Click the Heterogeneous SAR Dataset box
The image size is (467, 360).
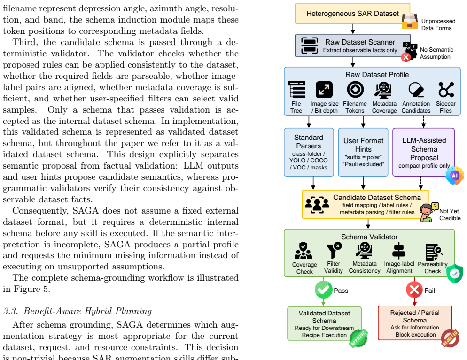pyautogui.click(x=352, y=14)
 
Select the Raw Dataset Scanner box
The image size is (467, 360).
pyautogui.click(x=353, y=46)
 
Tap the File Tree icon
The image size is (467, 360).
pyautogui.click(x=296, y=90)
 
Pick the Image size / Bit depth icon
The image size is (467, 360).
pyautogui.click(x=324, y=90)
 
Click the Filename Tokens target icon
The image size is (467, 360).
pyautogui.click(x=355, y=89)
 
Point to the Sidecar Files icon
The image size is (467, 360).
pyautogui.click(x=446, y=90)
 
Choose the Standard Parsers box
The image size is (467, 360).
pyautogui.click(x=309, y=153)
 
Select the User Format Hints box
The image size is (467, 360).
pyautogui.click(x=363, y=153)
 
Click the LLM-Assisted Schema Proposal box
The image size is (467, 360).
pyautogui.click(x=423, y=153)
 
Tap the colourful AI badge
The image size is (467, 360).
pyautogui.click(x=455, y=176)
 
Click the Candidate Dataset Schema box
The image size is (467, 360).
pyautogui.click(x=366, y=204)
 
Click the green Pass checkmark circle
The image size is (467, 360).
pyautogui.click(x=323, y=290)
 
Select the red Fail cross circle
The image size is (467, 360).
pyautogui.click(x=414, y=290)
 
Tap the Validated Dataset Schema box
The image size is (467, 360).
pyautogui.click(x=324, y=324)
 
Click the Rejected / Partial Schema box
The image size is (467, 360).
pyautogui.click(x=415, y=323)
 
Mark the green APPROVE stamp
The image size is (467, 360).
pyautogui.click(x=358, y=338)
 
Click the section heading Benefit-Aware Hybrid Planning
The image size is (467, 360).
pyautogui.click(x=87, y=311)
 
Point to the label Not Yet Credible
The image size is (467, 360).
pyautogui.click(x=450, y=214)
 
